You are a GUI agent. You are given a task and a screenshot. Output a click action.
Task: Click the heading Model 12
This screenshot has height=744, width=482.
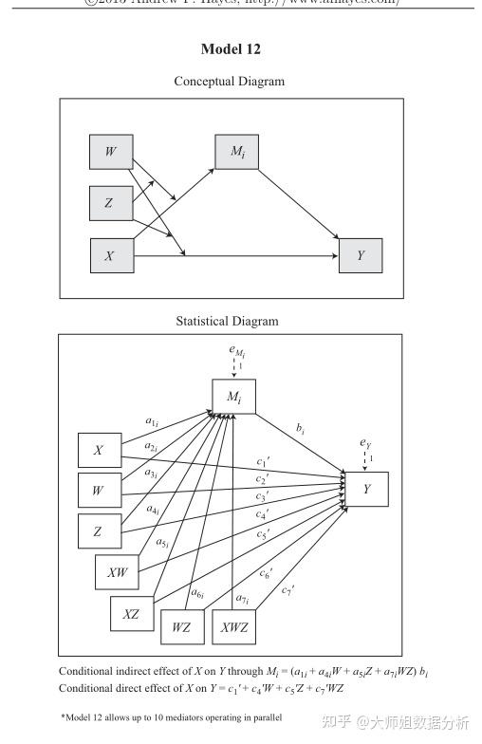(x=231, y=48)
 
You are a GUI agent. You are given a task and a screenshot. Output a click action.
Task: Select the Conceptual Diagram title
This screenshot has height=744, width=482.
(x=229, y=82)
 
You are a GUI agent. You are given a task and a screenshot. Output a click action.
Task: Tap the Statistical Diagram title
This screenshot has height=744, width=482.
(x=228, y=322)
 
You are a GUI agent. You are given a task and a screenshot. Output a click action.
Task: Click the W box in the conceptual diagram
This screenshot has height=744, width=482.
(x=111, y=152)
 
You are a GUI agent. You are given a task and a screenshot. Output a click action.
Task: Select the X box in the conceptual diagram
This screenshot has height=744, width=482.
(x=111, y=255)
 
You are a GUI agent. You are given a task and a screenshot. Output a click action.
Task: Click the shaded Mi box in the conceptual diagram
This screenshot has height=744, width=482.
(x=236, y=152)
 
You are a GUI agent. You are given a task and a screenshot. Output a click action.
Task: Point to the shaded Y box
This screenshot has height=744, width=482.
(x=361, y=255)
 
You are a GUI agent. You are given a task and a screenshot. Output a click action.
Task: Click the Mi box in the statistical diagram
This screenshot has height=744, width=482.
(x=232, y=397)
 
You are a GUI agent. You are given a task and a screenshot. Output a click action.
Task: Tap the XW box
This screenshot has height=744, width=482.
(x=117, y=572)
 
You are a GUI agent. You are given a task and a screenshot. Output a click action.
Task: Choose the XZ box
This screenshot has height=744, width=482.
(x=132, y=614)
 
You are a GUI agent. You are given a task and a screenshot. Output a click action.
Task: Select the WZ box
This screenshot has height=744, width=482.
(x=182, y=627)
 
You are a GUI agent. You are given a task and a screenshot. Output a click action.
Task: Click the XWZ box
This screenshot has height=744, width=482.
(x=233, y=627)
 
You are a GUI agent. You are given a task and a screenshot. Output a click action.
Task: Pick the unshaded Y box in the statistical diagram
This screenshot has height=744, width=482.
(x=366, y=489)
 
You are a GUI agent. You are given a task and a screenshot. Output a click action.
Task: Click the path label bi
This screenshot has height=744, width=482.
(x=301, y=430)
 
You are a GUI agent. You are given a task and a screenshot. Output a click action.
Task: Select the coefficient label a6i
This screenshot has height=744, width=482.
(x=197, y=594)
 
